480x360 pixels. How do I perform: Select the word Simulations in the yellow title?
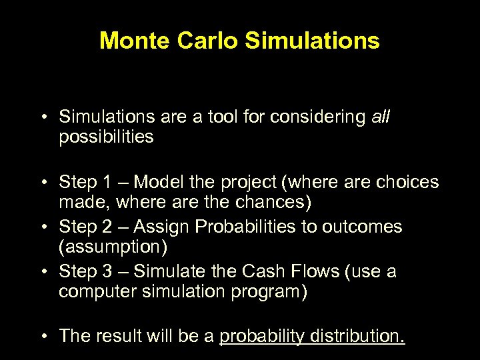tap(313, 41)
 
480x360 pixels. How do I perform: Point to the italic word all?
tap(381, 117)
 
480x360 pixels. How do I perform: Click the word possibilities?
tap(106, 137)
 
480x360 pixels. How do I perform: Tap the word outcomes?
tap(363, 227)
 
